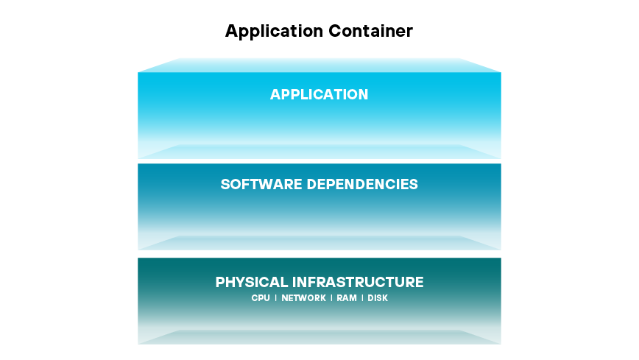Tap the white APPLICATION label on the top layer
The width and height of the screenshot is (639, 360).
point(319,95)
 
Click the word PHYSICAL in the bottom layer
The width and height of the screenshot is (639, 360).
point(251,282)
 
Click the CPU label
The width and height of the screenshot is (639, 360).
point(261,298)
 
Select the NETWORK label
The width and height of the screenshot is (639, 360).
point(303,298)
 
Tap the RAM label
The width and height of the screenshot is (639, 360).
point(347,298)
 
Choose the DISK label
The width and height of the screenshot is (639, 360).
point(378,298)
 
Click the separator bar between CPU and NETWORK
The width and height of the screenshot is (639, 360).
point(276,298)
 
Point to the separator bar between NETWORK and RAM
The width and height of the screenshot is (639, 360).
point(331,298)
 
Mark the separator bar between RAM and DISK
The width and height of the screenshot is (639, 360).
point(362,298)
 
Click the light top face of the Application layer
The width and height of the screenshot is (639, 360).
point(319,66)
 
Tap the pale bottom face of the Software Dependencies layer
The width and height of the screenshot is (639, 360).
point(319,243)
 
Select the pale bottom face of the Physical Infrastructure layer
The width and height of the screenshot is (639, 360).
point(319,337)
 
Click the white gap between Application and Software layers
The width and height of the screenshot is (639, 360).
point(319,161)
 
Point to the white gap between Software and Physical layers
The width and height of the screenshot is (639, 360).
point(319,254)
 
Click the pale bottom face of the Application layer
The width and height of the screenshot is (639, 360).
point(319,152)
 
